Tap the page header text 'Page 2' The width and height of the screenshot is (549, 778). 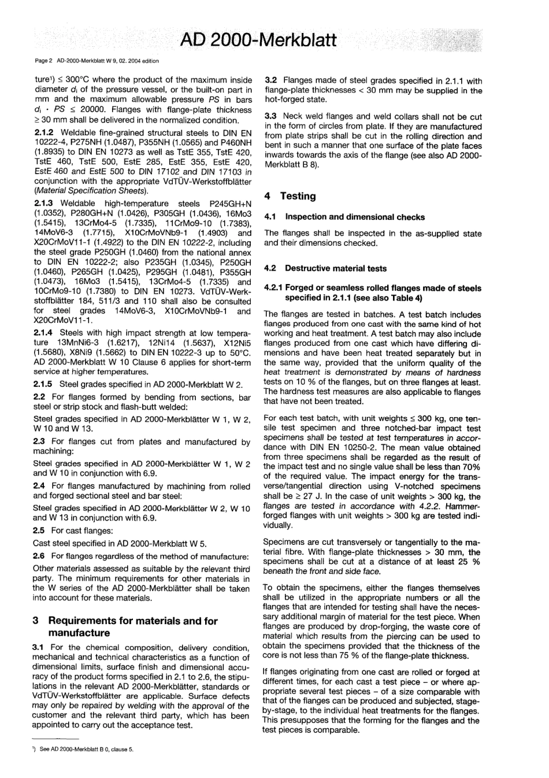(x=44, y=60)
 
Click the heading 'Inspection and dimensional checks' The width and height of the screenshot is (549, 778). (x=354, y=217)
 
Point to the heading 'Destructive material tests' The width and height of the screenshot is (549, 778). (x=336, y=268)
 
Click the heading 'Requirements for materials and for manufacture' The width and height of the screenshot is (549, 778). (x=132, y=626)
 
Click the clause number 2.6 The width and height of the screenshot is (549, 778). (x=39, y=556)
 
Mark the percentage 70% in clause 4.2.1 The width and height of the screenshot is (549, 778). (x=470, y=467)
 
